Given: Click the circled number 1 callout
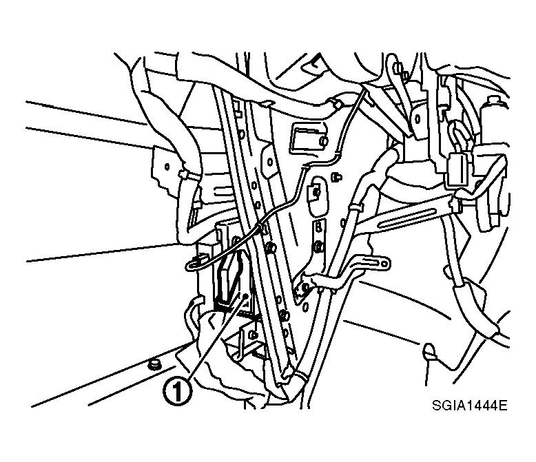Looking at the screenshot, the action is click(177, 392).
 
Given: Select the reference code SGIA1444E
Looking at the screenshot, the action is click(469, 406).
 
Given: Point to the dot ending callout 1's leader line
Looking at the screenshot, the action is click(245, 295).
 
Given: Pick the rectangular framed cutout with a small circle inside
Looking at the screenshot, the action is click(309, 139).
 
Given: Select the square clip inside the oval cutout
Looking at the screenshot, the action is click(313, 192).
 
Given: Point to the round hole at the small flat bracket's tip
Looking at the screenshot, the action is click(385, 263).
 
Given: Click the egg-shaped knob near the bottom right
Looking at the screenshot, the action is click(429, 350).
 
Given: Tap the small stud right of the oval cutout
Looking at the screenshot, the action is click(336, 177).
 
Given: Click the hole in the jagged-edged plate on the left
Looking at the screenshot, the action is click(167, 167).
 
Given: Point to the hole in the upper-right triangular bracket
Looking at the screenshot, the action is click(417, 119).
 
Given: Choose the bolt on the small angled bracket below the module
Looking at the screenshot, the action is click(251, 334).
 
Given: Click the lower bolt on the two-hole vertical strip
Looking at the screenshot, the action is click(318, 245).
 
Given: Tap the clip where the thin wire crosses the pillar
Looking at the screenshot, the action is click(262, 227).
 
